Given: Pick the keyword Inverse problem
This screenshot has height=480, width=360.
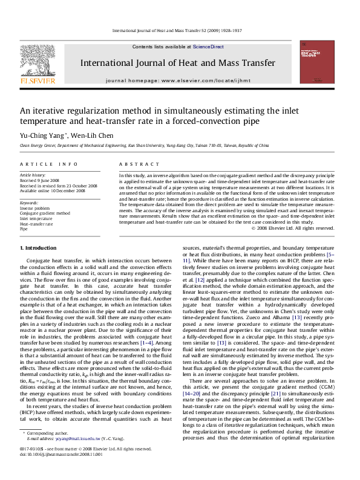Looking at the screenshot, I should [35, 208].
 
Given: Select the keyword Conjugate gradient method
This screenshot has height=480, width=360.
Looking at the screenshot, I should [45, 213].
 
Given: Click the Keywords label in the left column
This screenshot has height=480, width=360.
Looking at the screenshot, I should [30, 203].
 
